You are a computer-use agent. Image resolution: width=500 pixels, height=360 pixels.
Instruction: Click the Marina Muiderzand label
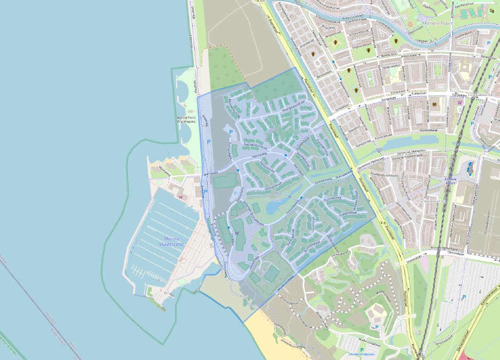point(171,241)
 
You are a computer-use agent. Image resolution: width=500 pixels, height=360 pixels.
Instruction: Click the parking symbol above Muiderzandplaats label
point(362,349)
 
